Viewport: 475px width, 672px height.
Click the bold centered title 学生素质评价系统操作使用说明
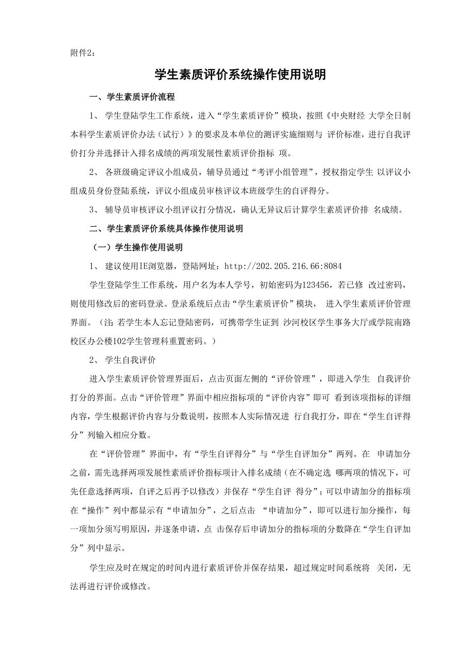pyautogui.click(x=241, y=75)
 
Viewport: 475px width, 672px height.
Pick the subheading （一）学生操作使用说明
pyautogui.click(x=137, y=247)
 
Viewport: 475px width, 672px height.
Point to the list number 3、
pyautogui.click(x=93, y=210)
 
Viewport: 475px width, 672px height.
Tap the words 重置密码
pyautogui.click(x=186, y=341)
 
